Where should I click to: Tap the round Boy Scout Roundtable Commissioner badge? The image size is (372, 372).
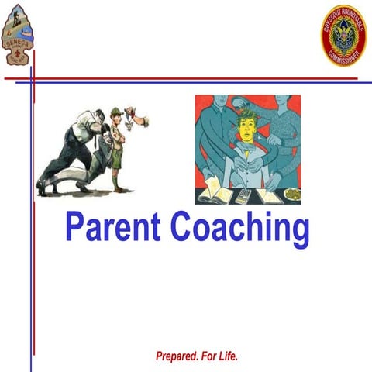pos(343,35)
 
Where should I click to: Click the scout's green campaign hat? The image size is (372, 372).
pos(116,111)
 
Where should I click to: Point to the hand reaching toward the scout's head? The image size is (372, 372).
pos(140,121)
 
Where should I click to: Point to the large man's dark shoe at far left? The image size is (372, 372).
pos(43,189)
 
